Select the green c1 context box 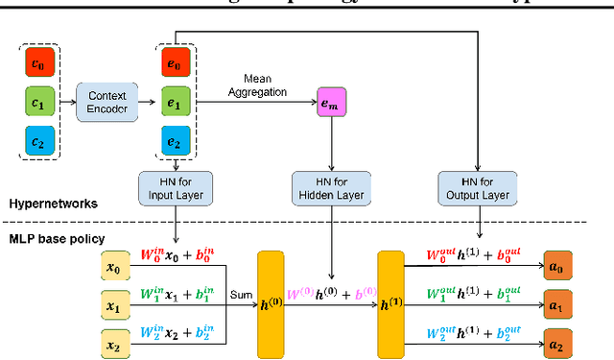coord(38,101)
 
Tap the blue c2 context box coord(38,142)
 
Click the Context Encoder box coord(106,101)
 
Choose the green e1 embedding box coord(173,101)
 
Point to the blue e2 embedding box coord(173,142)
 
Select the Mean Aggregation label coord(266,85)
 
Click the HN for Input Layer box coord(176,186)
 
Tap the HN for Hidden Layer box coord(331,186)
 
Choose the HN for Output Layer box coord(476,186)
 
